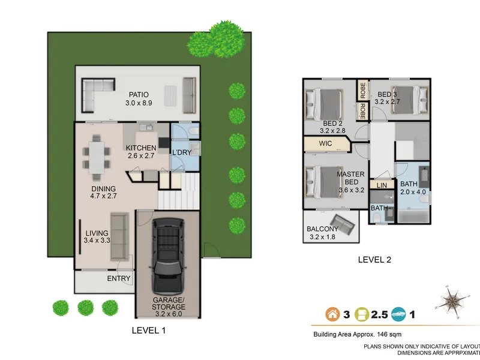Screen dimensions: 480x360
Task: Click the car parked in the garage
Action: [169, 257]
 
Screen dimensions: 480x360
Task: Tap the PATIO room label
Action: [139, 95]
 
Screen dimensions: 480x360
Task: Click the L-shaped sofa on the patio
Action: [98, 95]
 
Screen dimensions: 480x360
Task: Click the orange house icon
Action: [332, 314]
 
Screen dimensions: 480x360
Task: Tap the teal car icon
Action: [398, 314]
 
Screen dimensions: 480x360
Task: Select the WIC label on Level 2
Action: [325, 143]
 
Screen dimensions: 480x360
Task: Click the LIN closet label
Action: [382, 185]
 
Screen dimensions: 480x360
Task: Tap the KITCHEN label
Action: [141, 148]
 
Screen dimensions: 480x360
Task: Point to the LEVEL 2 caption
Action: [374, 260]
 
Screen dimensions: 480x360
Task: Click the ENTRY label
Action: [118, 278]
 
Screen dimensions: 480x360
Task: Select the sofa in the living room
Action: [119, 237]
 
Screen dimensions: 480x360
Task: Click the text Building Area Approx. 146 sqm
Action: [357, 335]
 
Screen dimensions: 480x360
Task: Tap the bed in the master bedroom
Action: [324, 182]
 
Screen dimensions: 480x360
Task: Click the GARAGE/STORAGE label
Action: [169, 304]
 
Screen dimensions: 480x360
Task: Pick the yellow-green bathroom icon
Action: [362, 314]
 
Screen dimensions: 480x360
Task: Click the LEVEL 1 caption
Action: [148, 331]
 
